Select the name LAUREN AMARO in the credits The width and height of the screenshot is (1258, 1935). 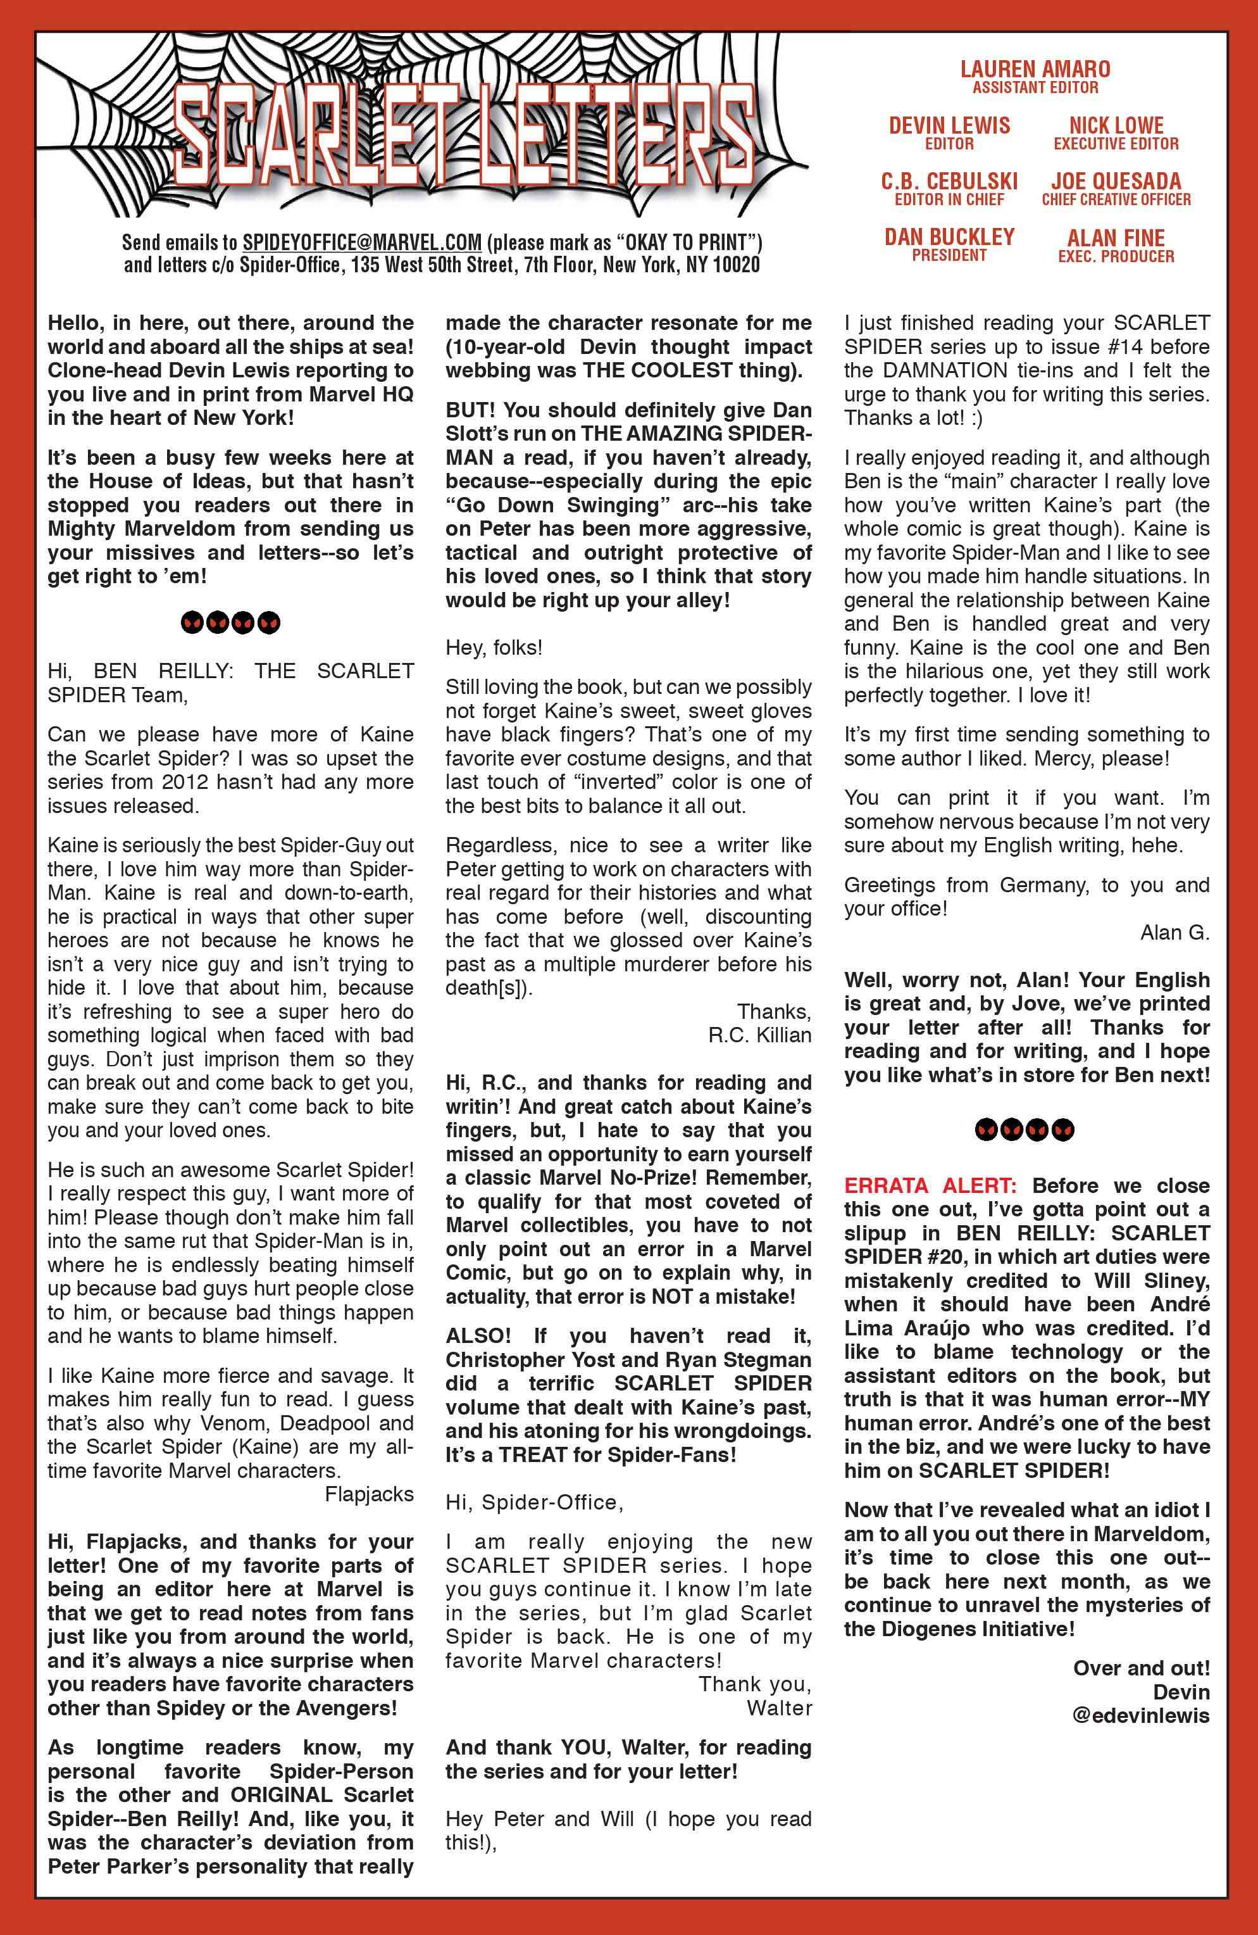(1035, 69)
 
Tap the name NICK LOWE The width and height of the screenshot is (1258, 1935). (1116, 125)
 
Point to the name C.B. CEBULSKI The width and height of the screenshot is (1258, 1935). (949, 181)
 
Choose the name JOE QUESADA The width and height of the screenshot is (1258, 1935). (1116, 181)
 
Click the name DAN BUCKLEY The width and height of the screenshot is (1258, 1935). (949, 237)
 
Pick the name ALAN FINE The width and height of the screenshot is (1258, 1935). (1116, 237)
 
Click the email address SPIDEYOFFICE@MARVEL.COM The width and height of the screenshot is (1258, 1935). (363, 243)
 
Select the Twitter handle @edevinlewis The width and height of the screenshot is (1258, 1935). (1141, 1715)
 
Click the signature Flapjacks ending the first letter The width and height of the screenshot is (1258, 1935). (369, 1494)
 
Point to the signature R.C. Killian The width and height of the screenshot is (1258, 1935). (760, 1035)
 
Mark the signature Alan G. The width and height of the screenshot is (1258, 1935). (1175, 933)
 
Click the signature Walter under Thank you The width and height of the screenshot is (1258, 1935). (780, 1708)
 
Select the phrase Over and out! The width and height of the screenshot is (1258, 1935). (1141, 1668)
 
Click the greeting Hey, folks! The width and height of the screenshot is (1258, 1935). (494, 647)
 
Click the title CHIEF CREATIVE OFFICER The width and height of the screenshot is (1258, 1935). (1116, 200)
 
